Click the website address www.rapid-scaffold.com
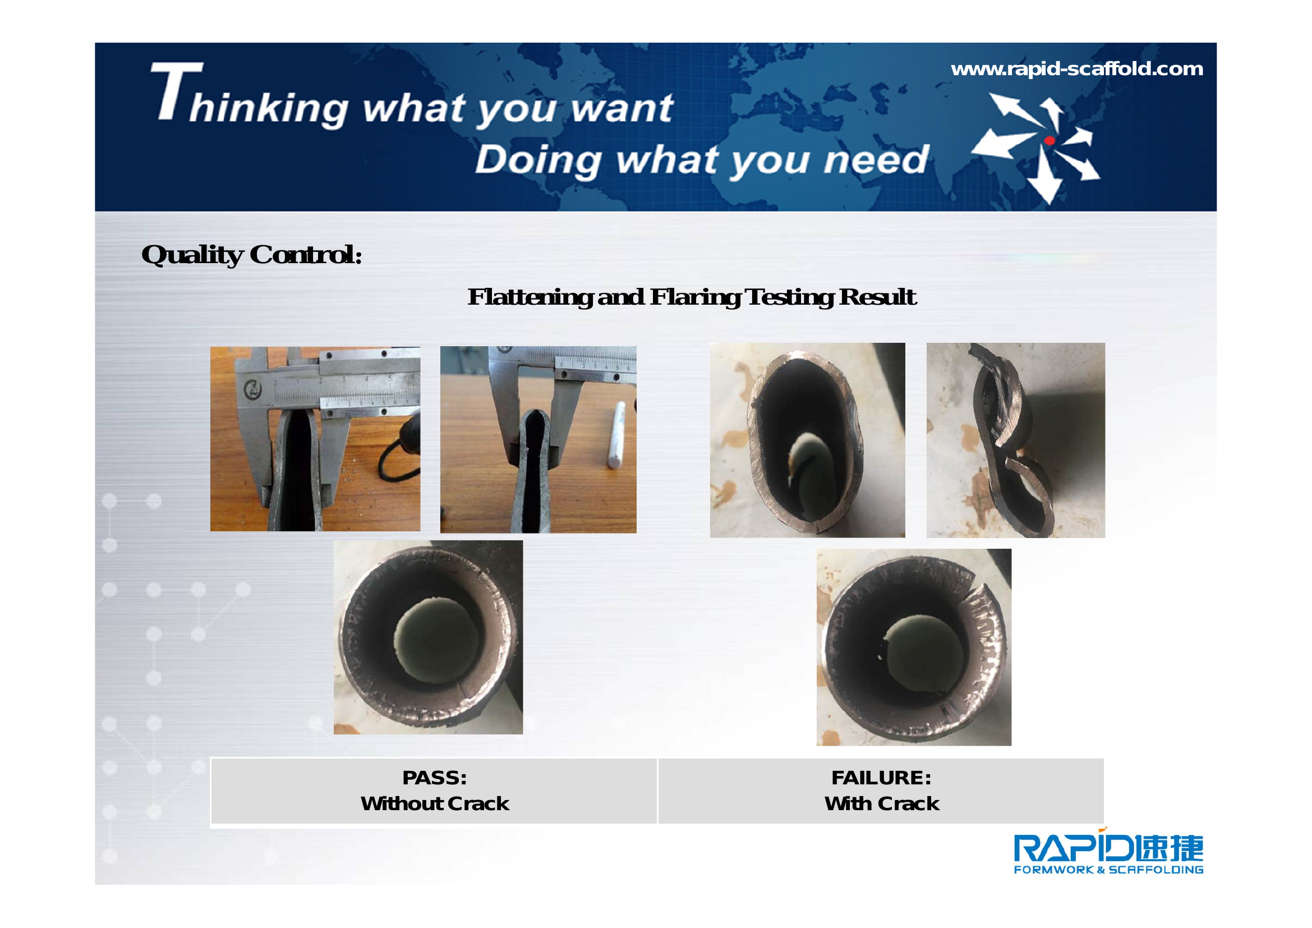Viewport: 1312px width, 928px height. point(1076,69)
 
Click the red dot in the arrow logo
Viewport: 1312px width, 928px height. point(1049,141)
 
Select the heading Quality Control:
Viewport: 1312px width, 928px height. point(251,255)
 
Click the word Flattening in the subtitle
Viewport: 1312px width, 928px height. point(530,297)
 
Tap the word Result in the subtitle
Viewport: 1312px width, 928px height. point(878,297)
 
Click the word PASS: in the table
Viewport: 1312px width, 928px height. point(435,778)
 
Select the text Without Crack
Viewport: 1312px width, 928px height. point(435,803)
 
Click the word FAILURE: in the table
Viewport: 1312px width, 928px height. point(881,778)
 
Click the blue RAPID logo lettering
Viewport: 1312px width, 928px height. point(1074,848)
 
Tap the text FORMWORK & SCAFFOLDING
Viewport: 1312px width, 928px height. point(1108,870)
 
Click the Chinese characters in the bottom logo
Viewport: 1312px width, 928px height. point(1169,848)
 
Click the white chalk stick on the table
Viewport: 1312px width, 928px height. point(615,435)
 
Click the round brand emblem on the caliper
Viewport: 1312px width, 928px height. point(252,389)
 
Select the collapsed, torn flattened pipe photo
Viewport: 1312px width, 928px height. point(1015,440)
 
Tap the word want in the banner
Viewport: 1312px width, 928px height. point(622,109)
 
